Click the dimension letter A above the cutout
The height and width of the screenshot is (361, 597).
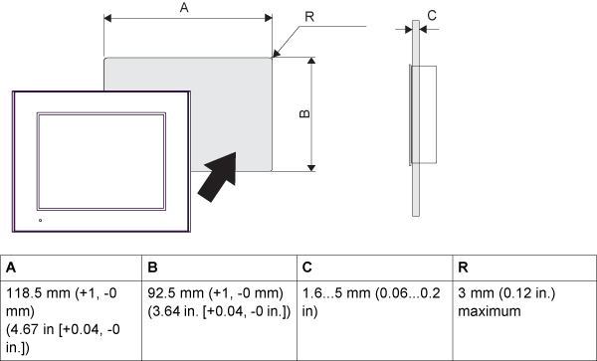tap(183, 8)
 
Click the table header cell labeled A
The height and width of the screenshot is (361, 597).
tap(11, 269)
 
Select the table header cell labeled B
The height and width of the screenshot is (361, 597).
tap(153, 269)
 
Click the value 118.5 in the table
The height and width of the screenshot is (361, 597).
tap(24, 294)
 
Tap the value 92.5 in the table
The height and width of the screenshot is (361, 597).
tap(164, 294)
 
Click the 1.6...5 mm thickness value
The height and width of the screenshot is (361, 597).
tap(332, 294)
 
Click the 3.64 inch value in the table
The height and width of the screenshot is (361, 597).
tap(165, 311)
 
